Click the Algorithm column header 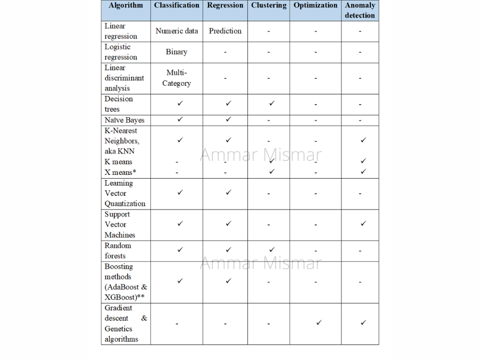126,6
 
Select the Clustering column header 269,6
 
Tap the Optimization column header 315,6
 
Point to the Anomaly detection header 360,10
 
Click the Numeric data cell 177,31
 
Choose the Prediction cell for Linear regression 225,31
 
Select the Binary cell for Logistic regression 177,52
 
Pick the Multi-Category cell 177,78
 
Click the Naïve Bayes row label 124,120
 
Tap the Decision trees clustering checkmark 272,103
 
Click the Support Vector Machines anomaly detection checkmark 363,224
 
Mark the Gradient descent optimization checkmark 319,322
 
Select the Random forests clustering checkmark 272,249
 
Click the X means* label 120,172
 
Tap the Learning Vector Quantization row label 125,194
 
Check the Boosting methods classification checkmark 180,281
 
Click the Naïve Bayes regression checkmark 228,119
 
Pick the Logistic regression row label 120,52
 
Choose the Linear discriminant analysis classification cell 177,78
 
